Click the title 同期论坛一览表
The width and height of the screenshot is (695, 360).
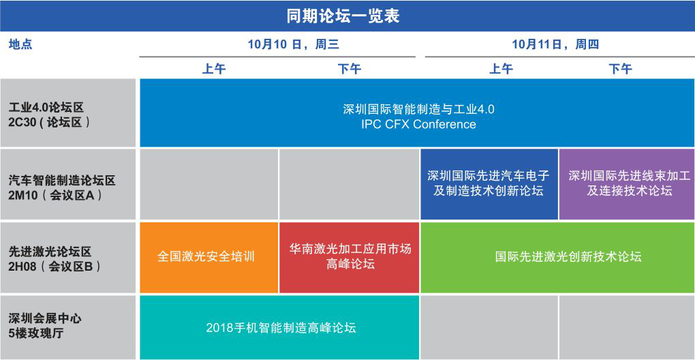pos(343,16)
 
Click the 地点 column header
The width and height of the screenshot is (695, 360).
pos(20,45)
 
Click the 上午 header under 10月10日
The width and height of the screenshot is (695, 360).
pos(214,69)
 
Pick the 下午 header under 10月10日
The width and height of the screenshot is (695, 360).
pos(350,69)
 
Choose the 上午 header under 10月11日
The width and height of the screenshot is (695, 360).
pos(501,69)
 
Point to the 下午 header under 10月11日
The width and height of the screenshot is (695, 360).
pos(621,69)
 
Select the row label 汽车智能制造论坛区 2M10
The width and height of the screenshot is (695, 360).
pos(62,188)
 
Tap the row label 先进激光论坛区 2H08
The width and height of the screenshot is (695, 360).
pos(54,260)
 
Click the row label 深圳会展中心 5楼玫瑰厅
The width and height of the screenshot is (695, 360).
pos(45,326)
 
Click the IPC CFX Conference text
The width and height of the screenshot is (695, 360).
pos(418,124)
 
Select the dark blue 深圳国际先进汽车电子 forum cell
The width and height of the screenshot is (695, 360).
pos(489,184)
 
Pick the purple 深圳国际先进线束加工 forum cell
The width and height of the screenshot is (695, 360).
pos(627,184)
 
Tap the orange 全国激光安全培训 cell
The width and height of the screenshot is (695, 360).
pos(208,258)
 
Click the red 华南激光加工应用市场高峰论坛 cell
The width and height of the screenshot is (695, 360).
pos(350,258)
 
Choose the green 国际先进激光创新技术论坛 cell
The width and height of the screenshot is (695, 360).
pos(557,258)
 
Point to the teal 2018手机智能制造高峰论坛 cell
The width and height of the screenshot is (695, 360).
pos(279,328)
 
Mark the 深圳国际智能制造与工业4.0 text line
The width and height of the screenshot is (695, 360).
pos(418,109)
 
